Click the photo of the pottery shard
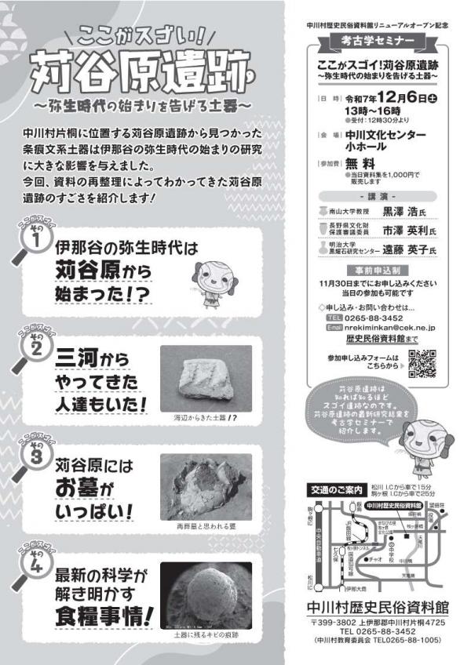click(206, 377)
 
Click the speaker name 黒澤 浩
click(401, 210)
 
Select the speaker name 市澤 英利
click(401, 230)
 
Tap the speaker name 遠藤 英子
click(401, 249)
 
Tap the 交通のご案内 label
click(335, 490)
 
